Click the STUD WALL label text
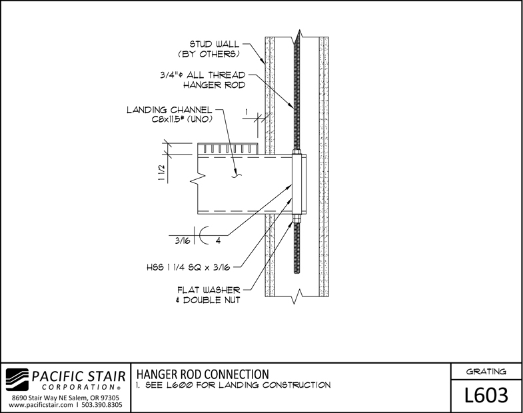(209, 49)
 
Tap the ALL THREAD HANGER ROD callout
(203, 80)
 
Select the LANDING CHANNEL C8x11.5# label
(170, 115)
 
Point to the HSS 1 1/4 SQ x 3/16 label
(189, 267)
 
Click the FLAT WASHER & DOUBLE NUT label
(208, 295)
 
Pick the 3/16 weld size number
(183, 240)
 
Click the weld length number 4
(218, 240)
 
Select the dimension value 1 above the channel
(247, 113)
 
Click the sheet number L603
(486, 395)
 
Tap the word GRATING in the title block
(486, 371)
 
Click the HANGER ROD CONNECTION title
(203, 374)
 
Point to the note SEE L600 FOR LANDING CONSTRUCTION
(233, 385)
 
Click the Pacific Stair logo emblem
(17, 380)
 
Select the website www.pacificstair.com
(41, 405)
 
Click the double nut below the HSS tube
(296, 219)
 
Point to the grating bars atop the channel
(227, 149)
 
